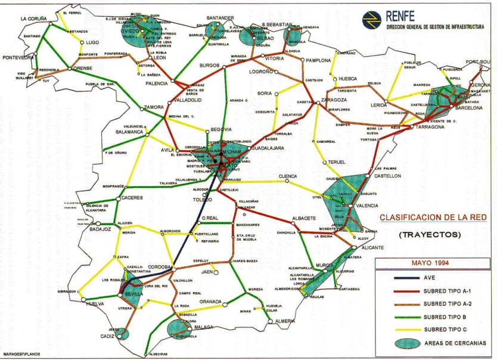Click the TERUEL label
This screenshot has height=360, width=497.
336,162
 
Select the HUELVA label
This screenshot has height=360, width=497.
95,303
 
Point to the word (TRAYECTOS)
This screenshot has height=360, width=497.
430,235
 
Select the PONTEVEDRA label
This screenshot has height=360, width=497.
18,58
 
